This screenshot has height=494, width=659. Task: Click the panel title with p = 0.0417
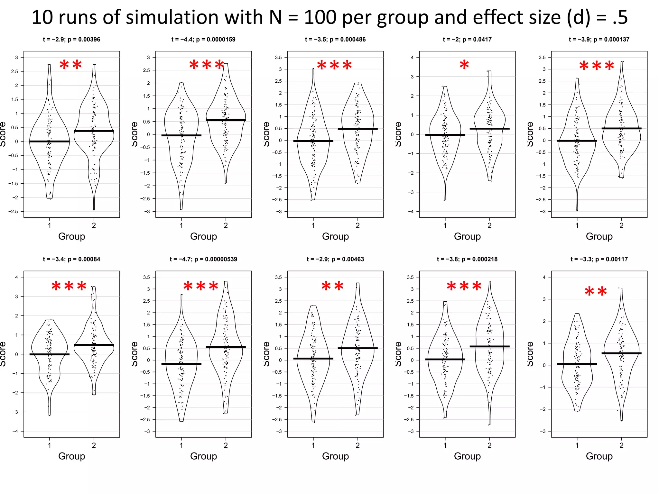[467, 40]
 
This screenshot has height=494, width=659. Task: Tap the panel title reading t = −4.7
[203, 259]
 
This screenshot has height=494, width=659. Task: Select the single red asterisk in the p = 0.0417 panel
[464, 65]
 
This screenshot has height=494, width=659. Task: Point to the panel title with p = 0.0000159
[203, 40]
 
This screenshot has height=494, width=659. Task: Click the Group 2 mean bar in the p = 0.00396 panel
[94, 131]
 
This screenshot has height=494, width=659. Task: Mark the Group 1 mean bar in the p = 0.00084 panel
[50, 354]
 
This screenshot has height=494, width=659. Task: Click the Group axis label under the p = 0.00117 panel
[599, 456]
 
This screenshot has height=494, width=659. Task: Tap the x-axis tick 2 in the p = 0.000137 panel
[621, 225]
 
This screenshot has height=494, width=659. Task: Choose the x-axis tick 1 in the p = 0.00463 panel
[313, 445]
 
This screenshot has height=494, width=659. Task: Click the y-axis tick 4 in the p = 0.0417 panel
[412, 58]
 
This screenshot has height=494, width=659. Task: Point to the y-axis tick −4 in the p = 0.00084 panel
[15, 431]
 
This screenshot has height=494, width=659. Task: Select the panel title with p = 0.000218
[467, 259]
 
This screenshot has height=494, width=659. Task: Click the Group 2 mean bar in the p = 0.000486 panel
[357, 129]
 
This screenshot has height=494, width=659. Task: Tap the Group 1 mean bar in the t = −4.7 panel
[181, 364]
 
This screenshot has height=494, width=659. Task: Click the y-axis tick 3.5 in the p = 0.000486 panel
[278, 58]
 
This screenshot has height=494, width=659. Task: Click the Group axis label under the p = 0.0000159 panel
[203, 236]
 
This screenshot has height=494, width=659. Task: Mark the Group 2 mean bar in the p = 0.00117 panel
[621, 353]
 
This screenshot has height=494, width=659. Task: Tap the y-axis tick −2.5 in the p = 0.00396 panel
[15, 212]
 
